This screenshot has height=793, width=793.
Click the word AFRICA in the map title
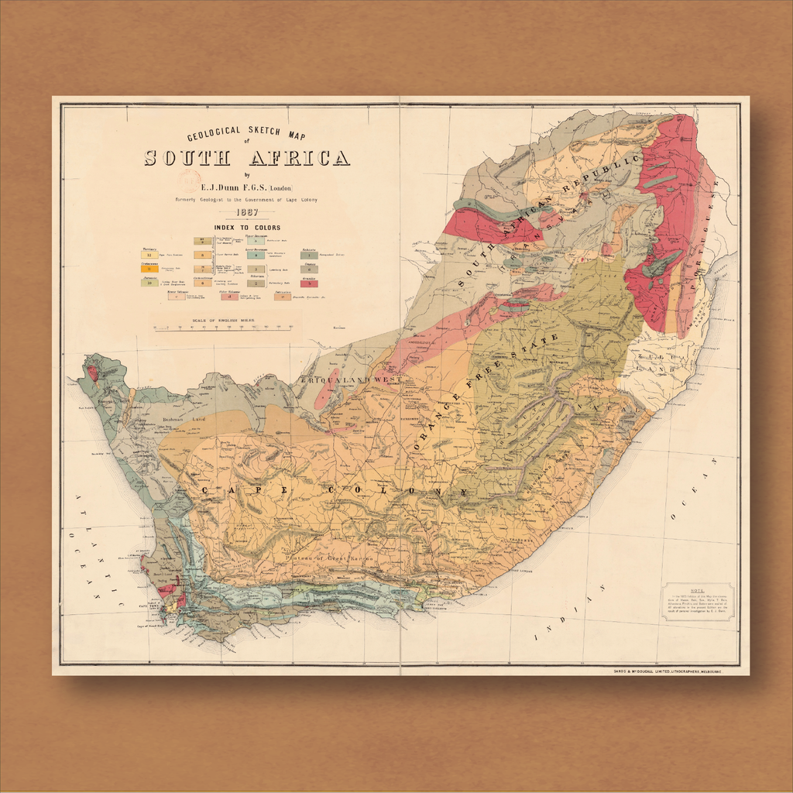[x=299, y=159]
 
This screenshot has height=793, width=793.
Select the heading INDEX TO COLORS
[x=247, y=228]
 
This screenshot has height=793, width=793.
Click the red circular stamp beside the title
[x=189, y=182]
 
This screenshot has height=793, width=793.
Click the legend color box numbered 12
[x=149, y=254]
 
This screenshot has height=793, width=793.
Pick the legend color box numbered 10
[x=149, y=283]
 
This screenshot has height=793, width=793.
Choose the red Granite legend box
[x=309, y=283]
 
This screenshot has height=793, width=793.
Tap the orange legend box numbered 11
[x=149, y=269]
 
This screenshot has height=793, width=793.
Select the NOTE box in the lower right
[x=698, y=602]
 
